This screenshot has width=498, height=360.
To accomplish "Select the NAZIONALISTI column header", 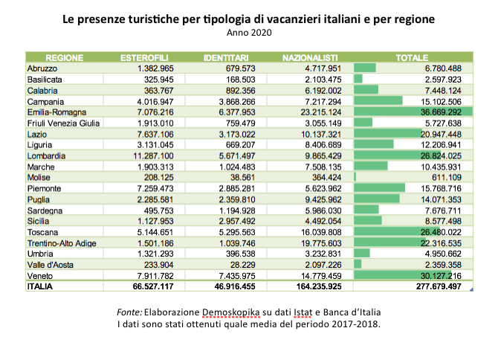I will point(310,57).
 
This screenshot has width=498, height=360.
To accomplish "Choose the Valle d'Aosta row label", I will point(51,264).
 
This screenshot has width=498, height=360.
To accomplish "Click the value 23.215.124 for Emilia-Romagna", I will point(315,112).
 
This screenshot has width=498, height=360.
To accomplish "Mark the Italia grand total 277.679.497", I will point(441,286).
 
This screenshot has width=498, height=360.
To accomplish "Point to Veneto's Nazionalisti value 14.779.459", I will point(315,275).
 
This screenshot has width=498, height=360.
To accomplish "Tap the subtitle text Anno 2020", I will point(249,32).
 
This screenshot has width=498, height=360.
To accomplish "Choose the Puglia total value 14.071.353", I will point(444,199).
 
